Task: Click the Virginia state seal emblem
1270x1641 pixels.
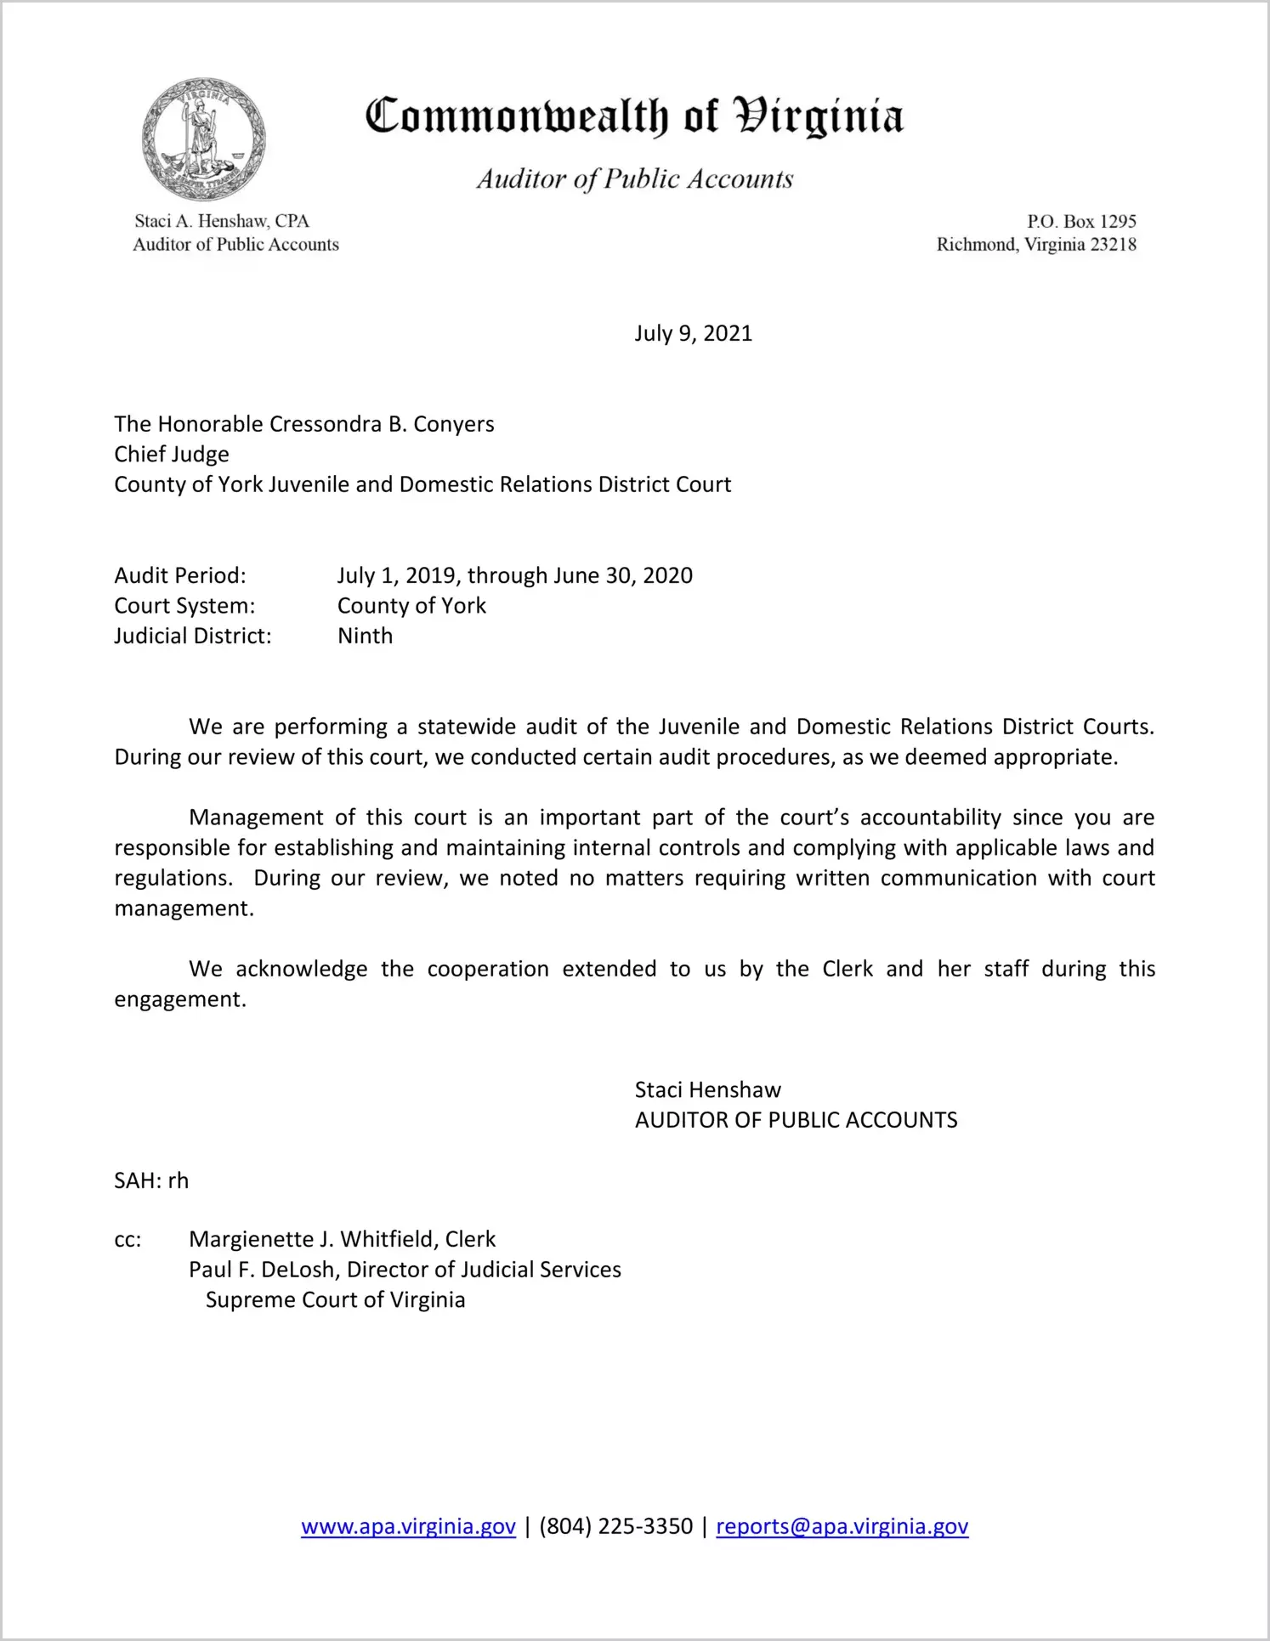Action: pos(204,139)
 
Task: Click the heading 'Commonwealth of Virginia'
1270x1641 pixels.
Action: pos(634,116)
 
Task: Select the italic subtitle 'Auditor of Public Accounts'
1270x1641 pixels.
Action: pos(634,178)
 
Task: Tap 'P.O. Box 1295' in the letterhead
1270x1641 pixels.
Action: pos(1081,222)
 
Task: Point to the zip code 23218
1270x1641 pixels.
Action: pos(1113,245)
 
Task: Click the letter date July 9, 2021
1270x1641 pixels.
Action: pos(693,333)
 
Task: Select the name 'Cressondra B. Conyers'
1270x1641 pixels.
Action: pos(382,424)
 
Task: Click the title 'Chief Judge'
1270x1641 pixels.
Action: pos(172,454)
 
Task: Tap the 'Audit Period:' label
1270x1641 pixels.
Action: pos(180,575)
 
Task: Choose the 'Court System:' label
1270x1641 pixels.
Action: pos(184,606)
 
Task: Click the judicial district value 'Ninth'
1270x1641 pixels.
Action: pos(365,636)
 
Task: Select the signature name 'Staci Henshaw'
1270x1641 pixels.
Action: pos(707,1090)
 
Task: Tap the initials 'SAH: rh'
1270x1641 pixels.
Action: pos(151,1180)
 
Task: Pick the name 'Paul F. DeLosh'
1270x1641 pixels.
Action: pos(261,1270)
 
